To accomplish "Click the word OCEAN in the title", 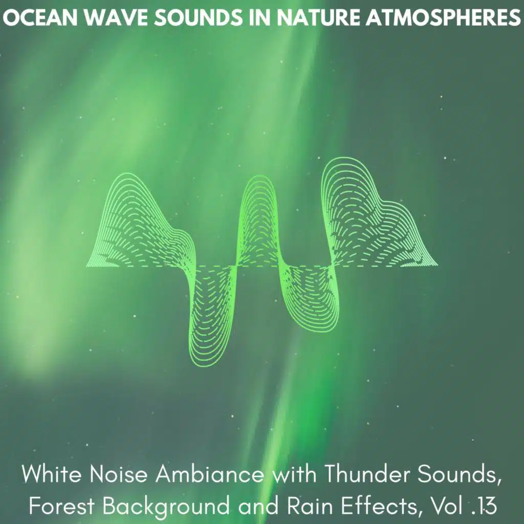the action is tap(41, 18).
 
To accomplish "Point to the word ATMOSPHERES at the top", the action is tap(443, 18).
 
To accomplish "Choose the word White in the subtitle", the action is tap(52, 474).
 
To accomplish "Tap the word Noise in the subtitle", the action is tap(119, 474).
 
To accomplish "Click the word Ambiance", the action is tap(209, 474).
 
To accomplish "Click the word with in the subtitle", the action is tap(294, 474).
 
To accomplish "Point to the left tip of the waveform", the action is tap(86, 266).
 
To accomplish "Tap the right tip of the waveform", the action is tap(438, 266).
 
